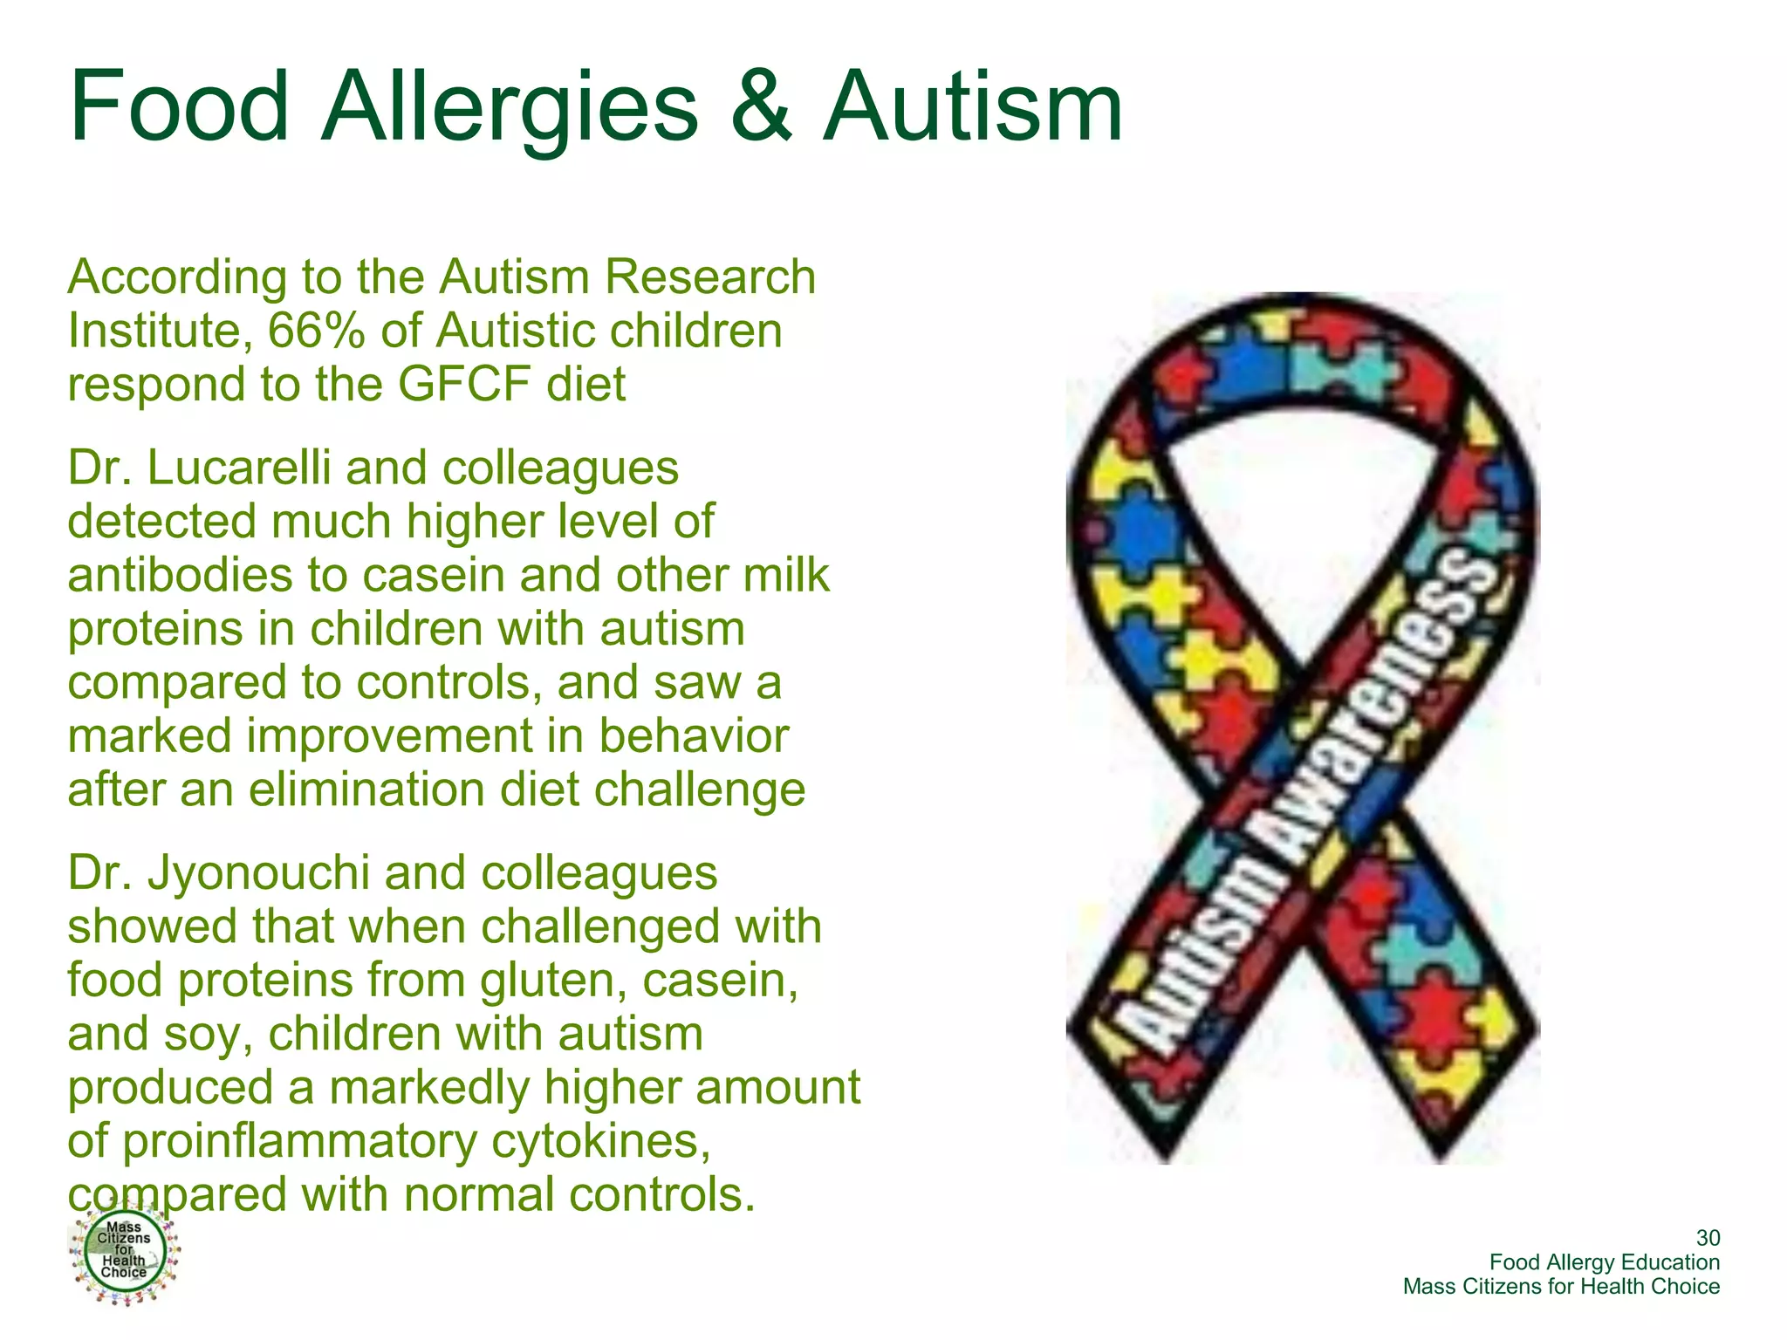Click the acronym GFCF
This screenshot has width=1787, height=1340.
tap(463, 385)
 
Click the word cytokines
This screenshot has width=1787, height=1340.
tap(601, 1141)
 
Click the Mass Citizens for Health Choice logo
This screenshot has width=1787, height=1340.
tap(124, 1253)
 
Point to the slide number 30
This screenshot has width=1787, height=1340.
tap(1708, 1238)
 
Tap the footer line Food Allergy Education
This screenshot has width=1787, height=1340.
tap(1604, 1262)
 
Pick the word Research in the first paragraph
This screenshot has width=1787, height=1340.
tap(710, 277)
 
